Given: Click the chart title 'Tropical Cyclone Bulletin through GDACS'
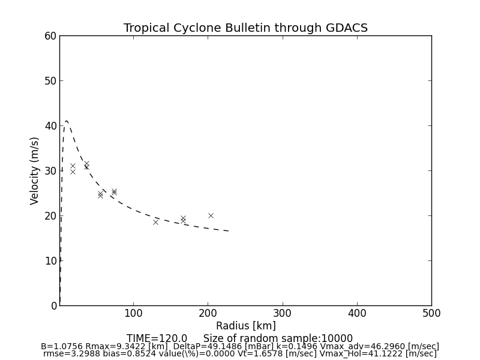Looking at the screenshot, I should click(245, 28).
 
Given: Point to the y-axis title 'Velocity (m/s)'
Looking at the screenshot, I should click(35, 170).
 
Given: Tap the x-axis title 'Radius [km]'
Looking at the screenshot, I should click(245, 326).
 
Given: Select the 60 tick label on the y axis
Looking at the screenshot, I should click(50, 36).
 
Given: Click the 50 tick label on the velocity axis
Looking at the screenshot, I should click(50, 81).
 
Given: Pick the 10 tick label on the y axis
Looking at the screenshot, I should click(50, 260).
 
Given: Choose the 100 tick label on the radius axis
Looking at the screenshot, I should click(133, 313).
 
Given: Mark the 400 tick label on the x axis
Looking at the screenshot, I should click(357, 313).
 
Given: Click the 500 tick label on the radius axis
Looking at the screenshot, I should click(431, 313).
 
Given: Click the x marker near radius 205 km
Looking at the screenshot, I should click(211, 215).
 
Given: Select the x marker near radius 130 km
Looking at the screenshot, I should click(155, 222).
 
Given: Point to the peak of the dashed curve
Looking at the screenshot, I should click(67, 121).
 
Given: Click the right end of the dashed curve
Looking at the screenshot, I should click(229, 231).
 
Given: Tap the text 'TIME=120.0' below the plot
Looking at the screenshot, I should click(157, 338).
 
